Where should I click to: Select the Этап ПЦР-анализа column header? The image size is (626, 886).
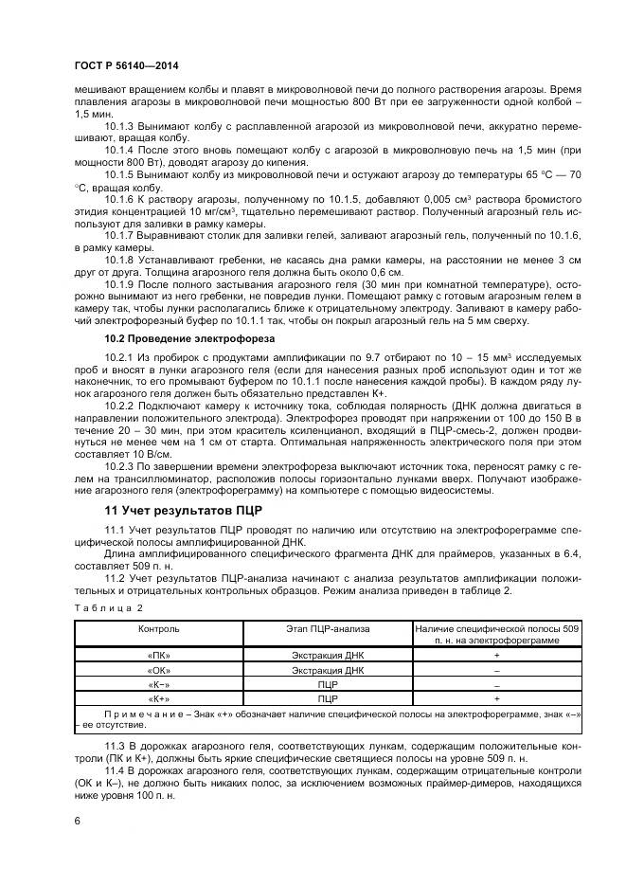328,628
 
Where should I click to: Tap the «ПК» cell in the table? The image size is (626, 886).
158,656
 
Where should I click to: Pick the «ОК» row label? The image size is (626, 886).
158,669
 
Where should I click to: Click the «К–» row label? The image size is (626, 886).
158,683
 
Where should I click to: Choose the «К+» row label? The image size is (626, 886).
158,697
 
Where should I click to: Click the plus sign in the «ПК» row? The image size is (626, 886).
497,656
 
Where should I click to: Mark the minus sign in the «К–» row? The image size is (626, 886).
497,683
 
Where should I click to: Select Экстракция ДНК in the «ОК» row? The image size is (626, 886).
328,669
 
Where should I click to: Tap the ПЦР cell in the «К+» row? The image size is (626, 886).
328,697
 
